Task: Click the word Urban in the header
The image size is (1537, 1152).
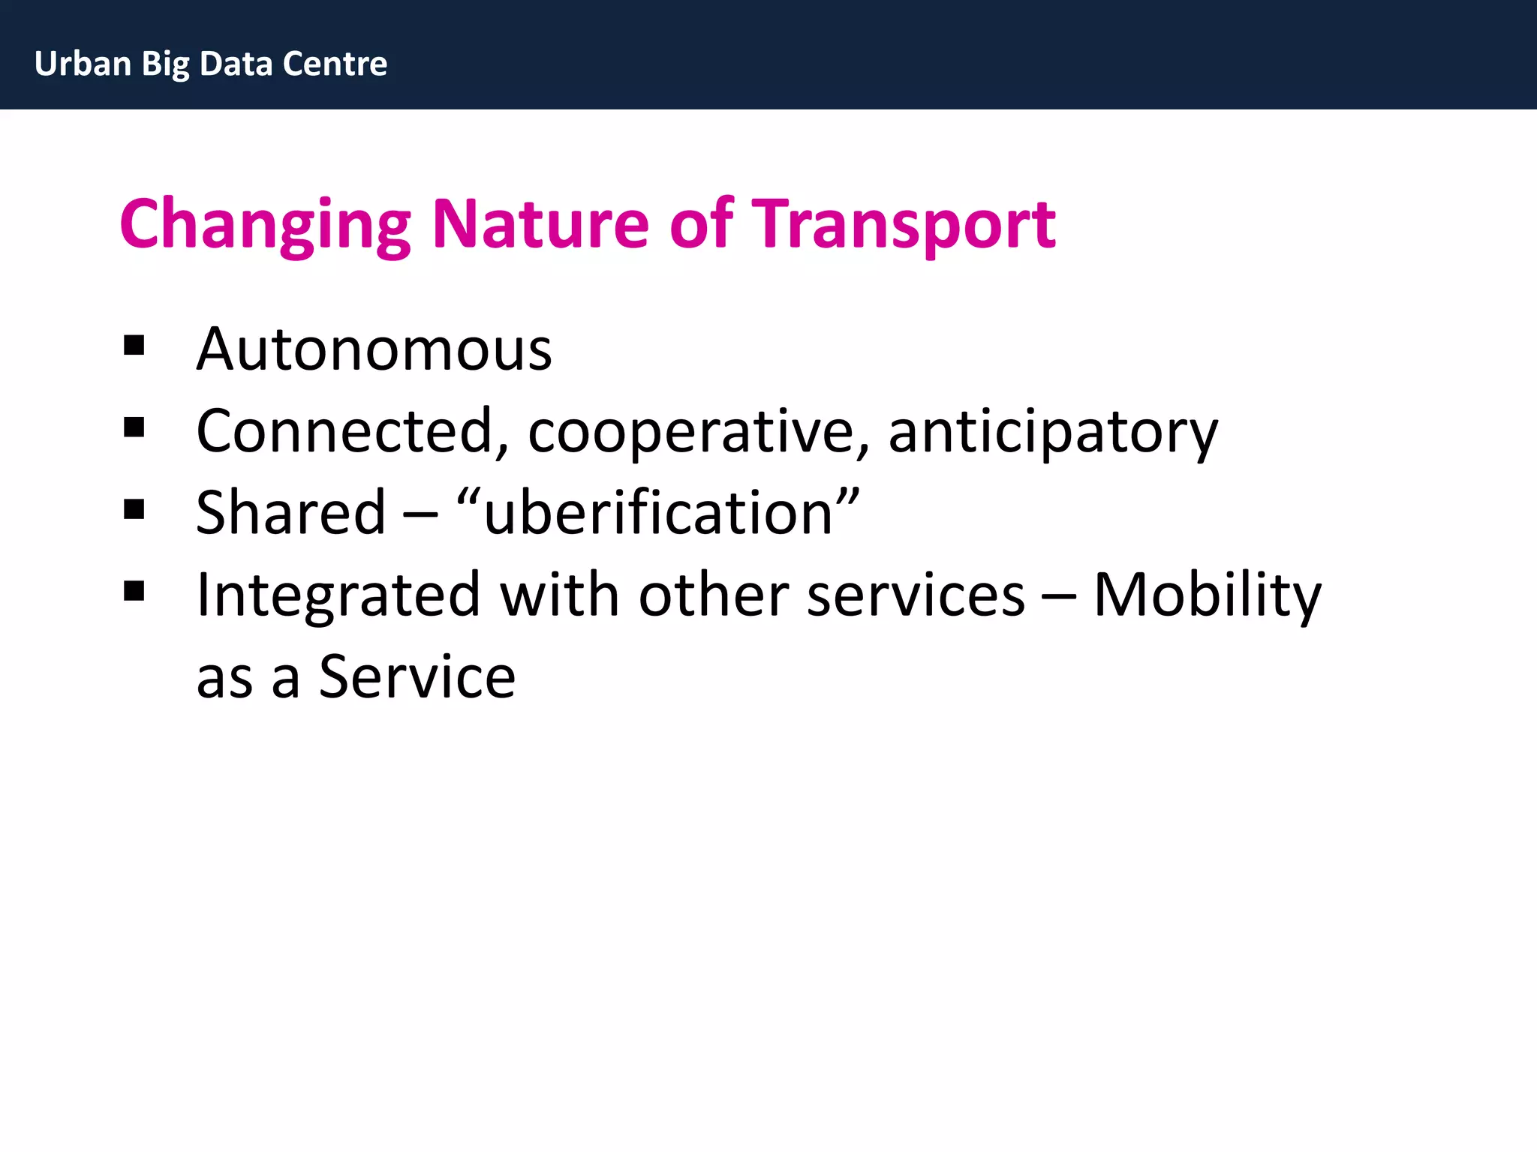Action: tap(83, 64)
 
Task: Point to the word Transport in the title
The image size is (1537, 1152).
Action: tap(904, 225)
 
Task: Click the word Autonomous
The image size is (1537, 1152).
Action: tap(374, 349)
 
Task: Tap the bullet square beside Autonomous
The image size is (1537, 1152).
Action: tap(134, 346)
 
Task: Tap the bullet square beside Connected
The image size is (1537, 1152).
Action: tap(134, 427)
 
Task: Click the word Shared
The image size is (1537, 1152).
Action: tap(290, 513)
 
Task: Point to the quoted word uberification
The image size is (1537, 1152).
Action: tap(658, 513)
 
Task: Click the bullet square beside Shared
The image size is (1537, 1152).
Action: tap(134, 510)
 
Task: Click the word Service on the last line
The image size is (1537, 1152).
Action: tap(417, 677)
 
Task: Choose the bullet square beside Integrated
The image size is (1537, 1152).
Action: tap(134, 592)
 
